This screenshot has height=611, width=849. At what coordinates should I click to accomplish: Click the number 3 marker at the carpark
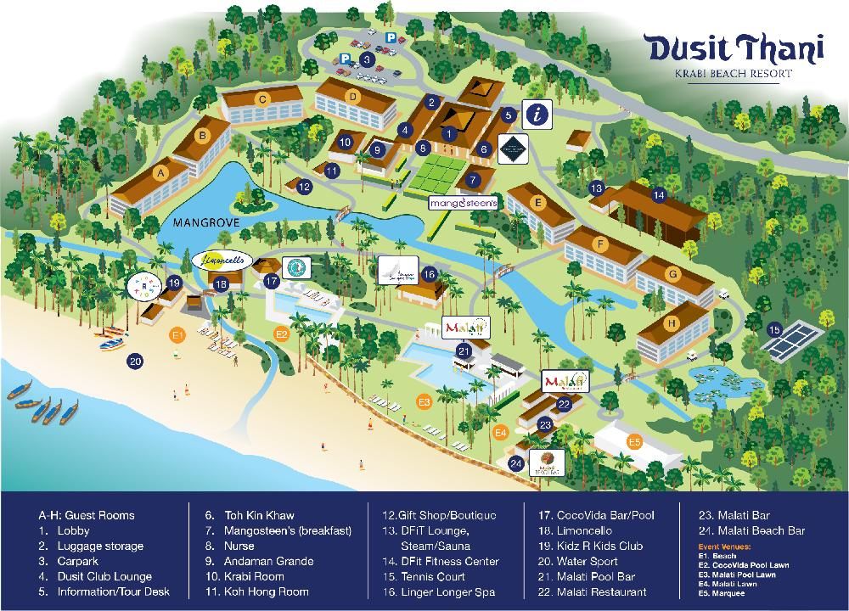tap(366, 59)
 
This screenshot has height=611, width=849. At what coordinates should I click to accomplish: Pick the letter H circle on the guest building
tap(671, 323)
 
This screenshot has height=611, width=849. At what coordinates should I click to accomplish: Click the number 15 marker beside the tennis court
tap(773, 329)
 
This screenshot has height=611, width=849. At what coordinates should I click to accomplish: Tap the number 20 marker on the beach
tap(135, 362)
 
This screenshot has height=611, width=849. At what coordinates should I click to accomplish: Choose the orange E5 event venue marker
tap(634, 442)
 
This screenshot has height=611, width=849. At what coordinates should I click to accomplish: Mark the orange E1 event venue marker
tap(177, 334)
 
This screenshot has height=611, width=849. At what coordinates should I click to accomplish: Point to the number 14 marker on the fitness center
tap(658, 194)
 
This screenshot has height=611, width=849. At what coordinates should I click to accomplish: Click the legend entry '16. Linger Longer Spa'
tap(439, 591)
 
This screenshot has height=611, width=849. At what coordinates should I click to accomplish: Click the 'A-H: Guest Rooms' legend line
tap(86, 515)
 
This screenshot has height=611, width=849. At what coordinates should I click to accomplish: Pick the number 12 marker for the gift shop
tap(304, 186)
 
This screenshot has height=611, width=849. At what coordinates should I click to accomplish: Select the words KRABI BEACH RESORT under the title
tap(733, 74)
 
